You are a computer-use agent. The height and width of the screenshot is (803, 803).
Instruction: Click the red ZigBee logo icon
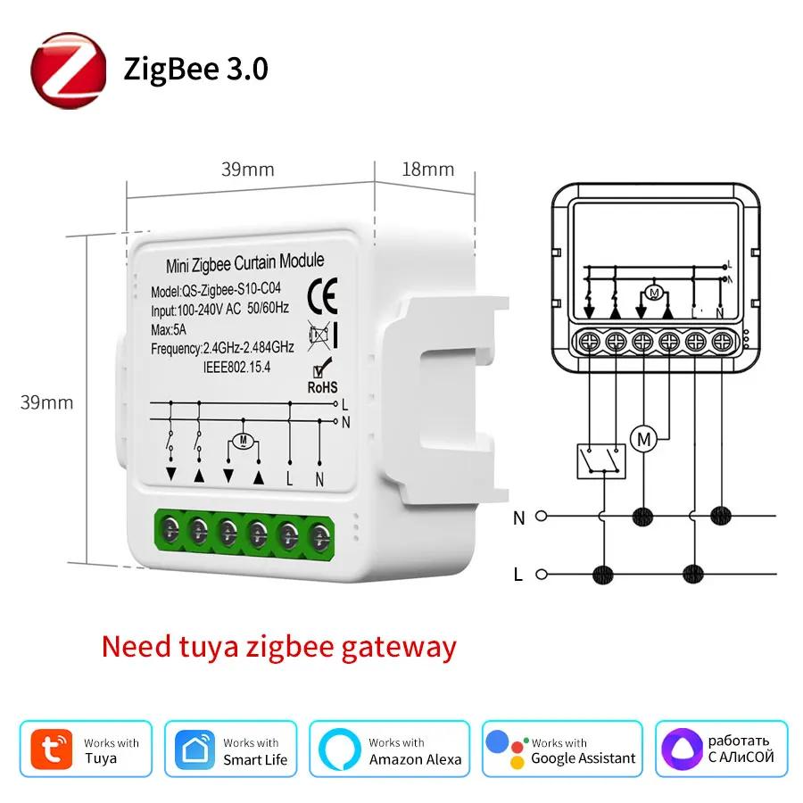point(69,69)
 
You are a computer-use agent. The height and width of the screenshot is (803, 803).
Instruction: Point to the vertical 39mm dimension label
point(46,402)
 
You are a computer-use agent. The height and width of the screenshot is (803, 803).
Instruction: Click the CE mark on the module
point(320,294)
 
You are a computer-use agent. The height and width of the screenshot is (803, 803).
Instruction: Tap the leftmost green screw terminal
point(169,533)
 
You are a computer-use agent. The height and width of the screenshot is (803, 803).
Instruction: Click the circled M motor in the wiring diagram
point(642,438)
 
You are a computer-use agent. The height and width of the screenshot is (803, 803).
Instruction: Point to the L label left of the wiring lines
point(518,575)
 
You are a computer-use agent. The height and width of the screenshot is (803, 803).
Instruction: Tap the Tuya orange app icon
point(51,750)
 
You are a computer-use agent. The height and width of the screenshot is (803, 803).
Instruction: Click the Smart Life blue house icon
point(195,750)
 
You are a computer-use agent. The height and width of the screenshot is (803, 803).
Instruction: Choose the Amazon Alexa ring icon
point(339,750)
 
